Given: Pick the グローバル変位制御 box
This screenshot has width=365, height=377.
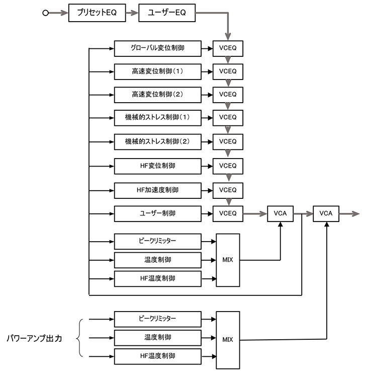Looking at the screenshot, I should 158,49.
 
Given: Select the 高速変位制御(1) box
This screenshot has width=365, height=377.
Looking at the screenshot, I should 158,71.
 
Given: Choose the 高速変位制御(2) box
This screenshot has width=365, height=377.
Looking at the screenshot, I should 158,94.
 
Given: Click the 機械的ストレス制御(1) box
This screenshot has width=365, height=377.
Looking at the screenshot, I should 158,118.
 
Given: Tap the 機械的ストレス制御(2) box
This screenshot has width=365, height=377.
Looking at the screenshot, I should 158,141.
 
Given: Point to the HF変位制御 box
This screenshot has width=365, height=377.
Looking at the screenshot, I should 158,166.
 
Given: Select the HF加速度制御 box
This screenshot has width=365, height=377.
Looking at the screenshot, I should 158,190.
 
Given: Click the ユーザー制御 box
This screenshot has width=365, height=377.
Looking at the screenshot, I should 158,213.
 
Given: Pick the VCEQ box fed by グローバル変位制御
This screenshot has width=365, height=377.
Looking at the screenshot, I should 228,49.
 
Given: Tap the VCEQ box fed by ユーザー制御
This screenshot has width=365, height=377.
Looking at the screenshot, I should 228,213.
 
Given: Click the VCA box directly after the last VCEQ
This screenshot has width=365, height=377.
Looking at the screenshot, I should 280,213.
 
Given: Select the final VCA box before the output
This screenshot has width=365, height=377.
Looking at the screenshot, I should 326,213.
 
